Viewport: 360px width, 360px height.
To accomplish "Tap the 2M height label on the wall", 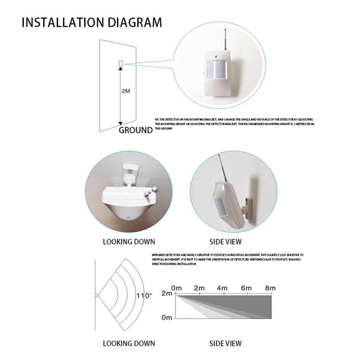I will [126, 91].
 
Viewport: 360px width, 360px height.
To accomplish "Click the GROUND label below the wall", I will [135, 130].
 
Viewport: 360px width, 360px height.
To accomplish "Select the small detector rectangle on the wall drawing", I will [120, 63].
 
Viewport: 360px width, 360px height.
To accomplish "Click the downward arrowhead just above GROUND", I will [120, 123].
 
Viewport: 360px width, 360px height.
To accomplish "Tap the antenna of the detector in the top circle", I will [226, 39].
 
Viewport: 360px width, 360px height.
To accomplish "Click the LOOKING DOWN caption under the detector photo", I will [129, 242].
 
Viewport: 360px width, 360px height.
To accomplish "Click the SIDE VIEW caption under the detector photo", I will [225, 242].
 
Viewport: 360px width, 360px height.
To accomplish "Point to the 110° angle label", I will [144, 295].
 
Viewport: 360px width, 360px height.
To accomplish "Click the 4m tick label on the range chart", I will [222, 288].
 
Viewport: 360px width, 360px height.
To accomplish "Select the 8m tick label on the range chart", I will [270, 288].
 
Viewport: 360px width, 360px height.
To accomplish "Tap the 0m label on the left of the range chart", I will [167, 318].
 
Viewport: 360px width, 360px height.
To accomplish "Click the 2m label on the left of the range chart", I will [167, 294].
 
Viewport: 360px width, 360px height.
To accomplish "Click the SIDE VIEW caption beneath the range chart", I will [225, 343].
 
